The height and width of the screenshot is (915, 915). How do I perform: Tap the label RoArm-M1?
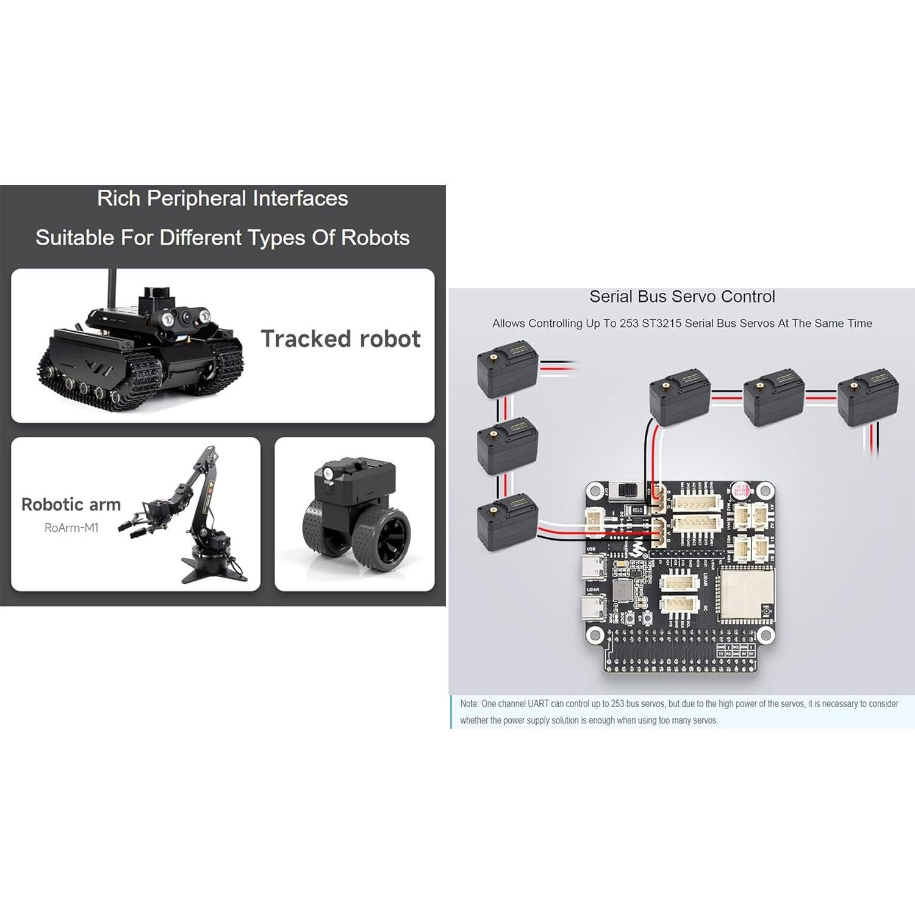[71, 528]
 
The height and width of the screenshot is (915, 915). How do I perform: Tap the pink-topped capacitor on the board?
[740, 489]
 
